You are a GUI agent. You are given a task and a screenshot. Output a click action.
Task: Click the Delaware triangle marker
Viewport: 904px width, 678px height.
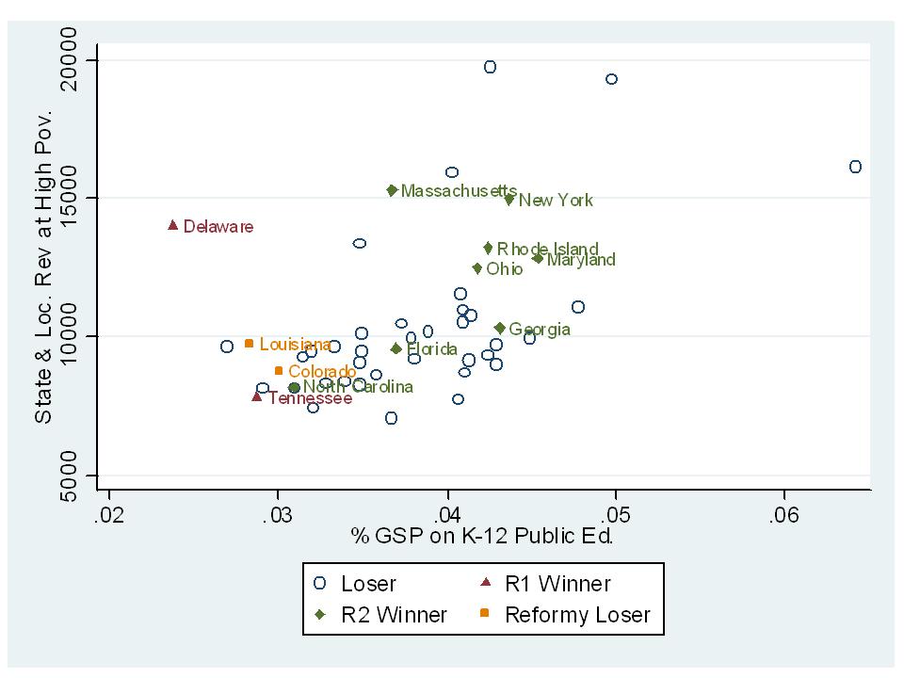click(173, 225)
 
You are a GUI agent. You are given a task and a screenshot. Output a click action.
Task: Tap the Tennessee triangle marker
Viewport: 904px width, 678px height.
click(257, 396)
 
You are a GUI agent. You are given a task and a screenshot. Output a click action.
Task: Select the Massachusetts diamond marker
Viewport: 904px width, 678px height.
click(392, 190)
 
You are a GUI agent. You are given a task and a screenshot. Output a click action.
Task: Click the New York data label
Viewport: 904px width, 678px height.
click(556, 201)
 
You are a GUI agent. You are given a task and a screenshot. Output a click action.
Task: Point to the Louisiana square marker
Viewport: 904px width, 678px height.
click(249, 344)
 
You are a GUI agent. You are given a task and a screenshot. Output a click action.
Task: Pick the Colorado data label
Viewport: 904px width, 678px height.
click(322, 372)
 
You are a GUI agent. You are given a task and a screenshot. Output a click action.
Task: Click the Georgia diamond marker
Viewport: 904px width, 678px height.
click(500, 328)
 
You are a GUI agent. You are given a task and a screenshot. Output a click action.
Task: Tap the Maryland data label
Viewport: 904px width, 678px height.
click(581, 260)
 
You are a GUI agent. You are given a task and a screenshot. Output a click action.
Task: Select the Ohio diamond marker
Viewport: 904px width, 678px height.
click(477, 268)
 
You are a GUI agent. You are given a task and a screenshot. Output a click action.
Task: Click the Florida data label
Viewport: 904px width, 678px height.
click(431, 349)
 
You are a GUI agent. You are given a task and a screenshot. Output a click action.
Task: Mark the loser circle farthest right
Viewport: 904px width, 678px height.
click(855, 167)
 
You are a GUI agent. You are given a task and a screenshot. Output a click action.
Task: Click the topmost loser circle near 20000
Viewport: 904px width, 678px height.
click(490, 67)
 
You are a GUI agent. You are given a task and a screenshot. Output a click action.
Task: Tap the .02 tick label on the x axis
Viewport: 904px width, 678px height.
click(109, 516)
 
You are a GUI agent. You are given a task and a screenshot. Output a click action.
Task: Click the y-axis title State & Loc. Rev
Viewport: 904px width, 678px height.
click(43, 266)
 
